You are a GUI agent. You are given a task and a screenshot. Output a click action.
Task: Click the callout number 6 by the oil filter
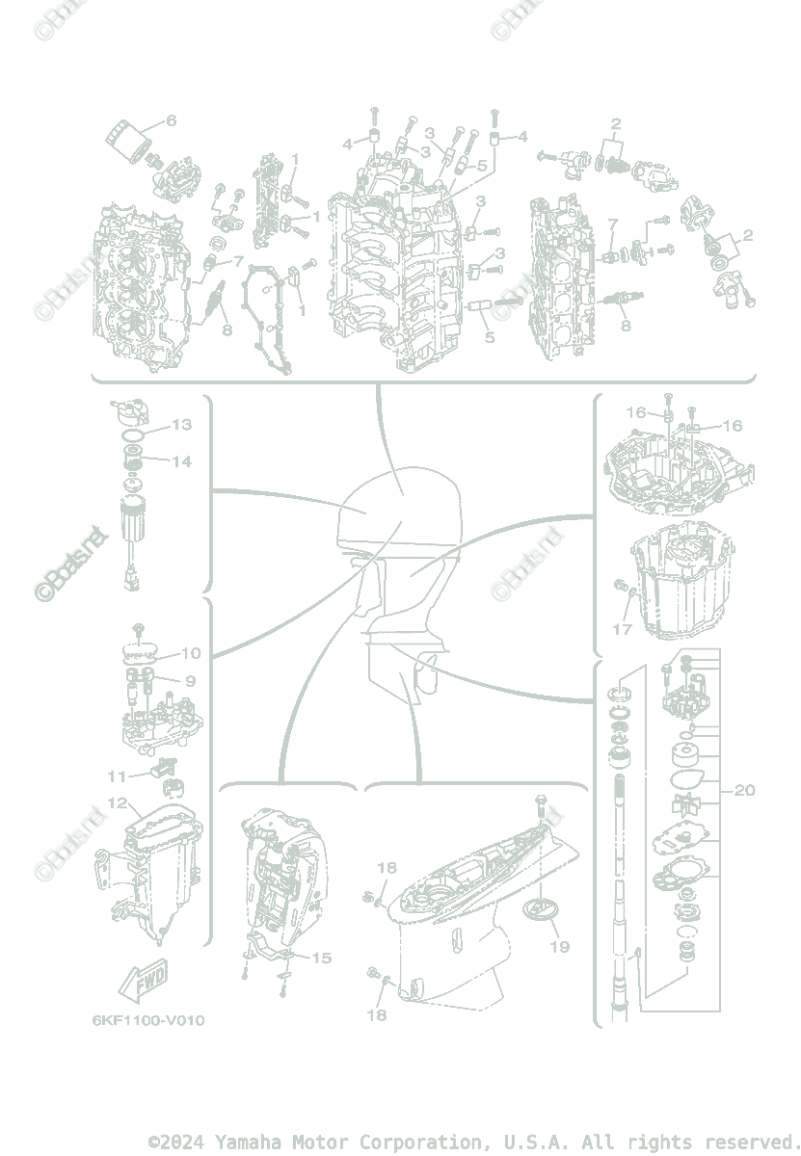click(172, 120)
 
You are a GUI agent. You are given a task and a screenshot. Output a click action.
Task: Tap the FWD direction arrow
click(142, 982)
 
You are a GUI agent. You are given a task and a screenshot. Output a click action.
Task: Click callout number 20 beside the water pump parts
click(744, 791)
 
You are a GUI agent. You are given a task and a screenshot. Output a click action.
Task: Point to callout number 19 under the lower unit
click(560, 946)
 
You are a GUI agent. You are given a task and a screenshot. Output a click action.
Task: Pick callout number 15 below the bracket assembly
click(321, 958)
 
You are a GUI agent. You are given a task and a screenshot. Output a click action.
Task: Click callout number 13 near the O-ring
click(182, 425)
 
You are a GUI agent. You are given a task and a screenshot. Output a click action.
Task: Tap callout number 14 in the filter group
click(182, 461)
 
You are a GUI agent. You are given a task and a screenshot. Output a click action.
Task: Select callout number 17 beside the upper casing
click(623, 630)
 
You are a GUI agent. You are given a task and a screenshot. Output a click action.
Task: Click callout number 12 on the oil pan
click(118, 801)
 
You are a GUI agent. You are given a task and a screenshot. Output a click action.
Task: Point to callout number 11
click(117, 775)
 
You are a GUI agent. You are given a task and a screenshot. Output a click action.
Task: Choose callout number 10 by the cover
click(191, 653)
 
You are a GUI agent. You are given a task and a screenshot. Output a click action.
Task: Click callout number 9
click(191, 681)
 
